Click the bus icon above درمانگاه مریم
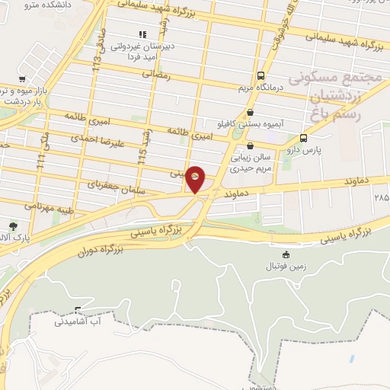pos(261,75)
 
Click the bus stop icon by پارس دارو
pos(304,138)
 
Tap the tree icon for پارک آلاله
pos(13,225)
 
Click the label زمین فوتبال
pos(285,266)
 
